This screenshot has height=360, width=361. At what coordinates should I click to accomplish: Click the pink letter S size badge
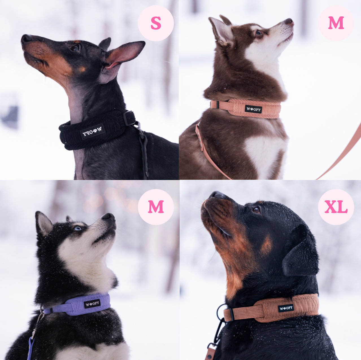tap(156, 23)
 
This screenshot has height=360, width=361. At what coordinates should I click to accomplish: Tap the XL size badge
tap(336, 207)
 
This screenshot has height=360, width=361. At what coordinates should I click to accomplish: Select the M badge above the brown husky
tap(336, 23)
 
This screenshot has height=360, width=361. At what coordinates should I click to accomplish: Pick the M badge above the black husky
tap(156, 207)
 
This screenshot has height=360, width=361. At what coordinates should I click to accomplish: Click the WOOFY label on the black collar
tap(93, 131)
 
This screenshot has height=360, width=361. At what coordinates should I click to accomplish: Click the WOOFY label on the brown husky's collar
tap(253, 109)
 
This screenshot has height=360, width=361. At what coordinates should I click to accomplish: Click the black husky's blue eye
tap(78, 228)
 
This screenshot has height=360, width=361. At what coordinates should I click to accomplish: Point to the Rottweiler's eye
tap(256, 210)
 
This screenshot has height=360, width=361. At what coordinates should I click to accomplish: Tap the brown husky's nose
tap(289, 21)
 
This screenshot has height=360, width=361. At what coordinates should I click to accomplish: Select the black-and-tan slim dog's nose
tap(26, 39)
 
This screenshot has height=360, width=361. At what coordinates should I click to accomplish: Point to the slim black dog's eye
tap(76, 48)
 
